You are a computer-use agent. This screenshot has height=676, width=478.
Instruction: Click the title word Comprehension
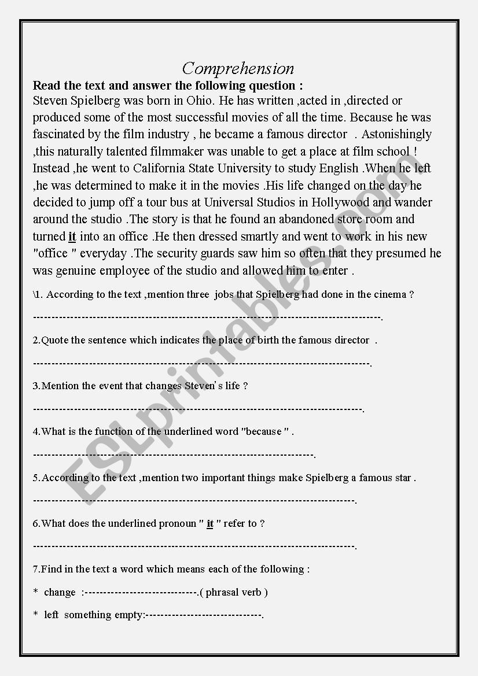point(238,69)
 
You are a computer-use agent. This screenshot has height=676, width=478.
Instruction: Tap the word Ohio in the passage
point(200,101)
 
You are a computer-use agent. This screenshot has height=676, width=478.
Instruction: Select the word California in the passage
point(163,168)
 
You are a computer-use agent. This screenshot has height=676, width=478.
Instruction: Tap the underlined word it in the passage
point(72,237)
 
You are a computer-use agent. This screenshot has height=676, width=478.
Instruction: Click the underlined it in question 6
point(210,523)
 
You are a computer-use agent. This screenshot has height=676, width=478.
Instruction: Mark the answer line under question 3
point(197,409)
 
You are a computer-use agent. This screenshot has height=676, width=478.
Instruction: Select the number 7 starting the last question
point(35,569)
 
